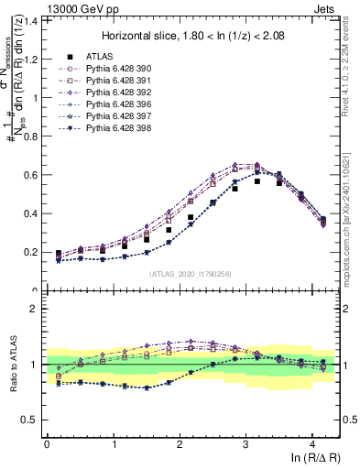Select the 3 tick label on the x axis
pos(246,443)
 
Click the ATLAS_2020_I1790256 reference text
pos(191,274)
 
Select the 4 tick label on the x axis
pos(313,443)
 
